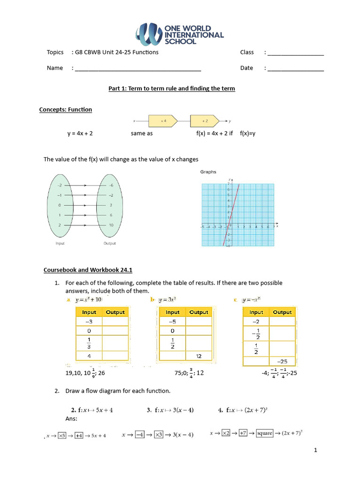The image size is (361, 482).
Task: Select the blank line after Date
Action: [296, 69]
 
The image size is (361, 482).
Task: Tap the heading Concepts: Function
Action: [65, 110]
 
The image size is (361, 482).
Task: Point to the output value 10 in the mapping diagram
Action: [111, 225]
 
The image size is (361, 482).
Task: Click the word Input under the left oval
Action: [60, 243]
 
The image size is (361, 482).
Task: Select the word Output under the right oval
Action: [110, 243]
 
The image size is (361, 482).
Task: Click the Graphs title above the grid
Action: [208, 172]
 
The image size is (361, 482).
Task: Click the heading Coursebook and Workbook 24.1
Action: [88, 270]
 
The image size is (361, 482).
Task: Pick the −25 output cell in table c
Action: [282, 361]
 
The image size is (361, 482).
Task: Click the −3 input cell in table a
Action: [89, 321]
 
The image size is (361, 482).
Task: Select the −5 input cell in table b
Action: [173, 321]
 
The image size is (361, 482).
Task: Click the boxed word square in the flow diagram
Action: [265, 433]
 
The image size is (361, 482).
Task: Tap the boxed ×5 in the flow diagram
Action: [62, 435]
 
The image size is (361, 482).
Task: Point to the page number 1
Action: [316, 450]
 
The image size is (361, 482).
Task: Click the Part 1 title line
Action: [172, 88]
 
